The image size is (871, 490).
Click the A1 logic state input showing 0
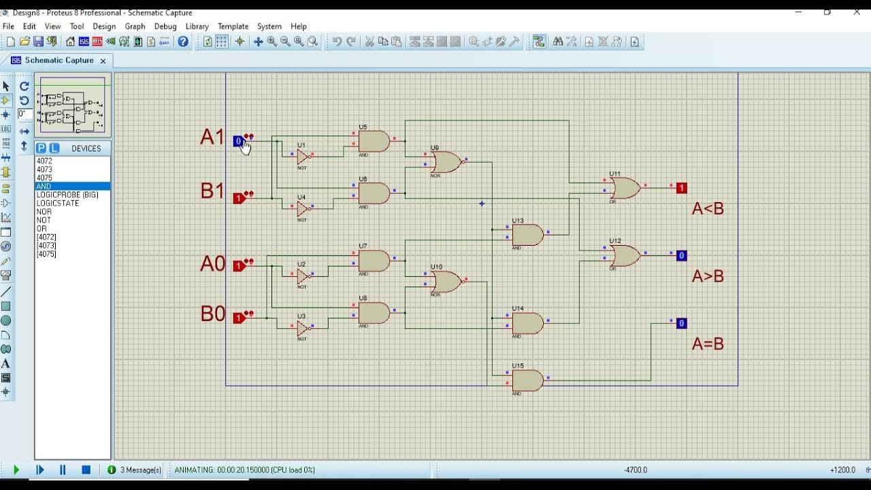238,142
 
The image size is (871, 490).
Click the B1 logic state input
239,199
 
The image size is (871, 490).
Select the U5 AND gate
374,142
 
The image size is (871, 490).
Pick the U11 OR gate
625,188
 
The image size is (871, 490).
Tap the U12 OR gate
625,256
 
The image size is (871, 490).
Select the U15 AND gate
528,380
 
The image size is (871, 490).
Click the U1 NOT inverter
303,157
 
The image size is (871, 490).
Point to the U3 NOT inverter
303,329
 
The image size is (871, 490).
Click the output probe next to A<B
681,189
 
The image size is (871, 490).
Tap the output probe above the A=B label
681,324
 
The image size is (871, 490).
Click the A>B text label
708,276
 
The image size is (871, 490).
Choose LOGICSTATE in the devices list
58,203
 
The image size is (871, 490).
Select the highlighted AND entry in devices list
44,186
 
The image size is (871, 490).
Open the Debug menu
165,27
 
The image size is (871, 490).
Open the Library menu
197,27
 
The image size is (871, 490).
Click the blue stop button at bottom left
86,470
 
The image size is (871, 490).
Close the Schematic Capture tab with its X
103,61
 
